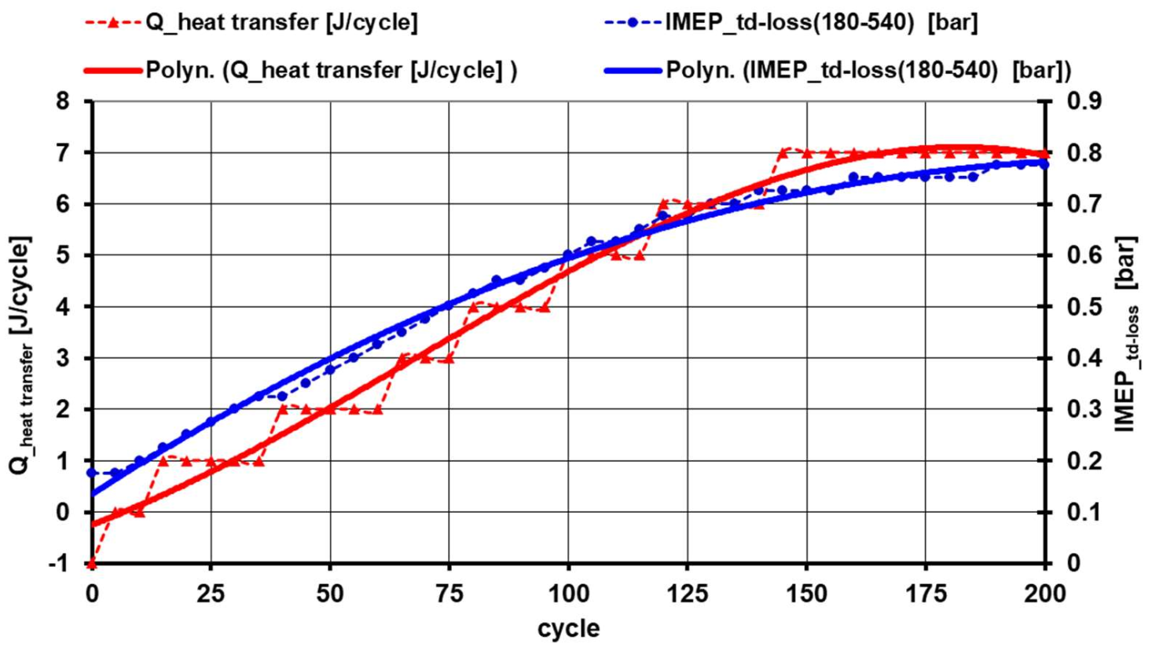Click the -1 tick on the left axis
click(59, 564)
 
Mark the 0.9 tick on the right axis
click(1083, 101)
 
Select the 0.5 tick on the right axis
click(1083, 306)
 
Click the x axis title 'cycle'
click(568, 628)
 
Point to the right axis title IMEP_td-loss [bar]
click(1128, 334)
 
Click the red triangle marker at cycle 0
click(92, 563)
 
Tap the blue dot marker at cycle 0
click(92, 473)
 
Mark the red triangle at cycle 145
click(782, 152)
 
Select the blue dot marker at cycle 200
click(1044, 164)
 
